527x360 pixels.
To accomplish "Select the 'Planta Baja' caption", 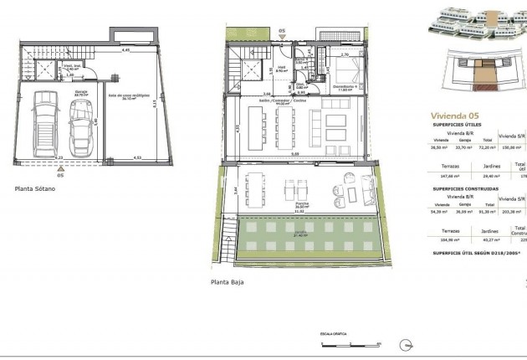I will [228, 283].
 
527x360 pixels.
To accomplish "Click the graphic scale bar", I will [349, 342].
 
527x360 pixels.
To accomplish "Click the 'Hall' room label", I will [283, 69].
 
